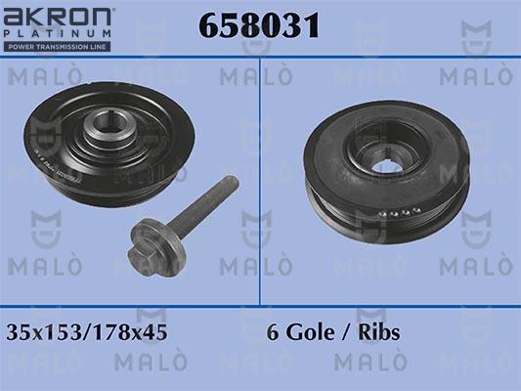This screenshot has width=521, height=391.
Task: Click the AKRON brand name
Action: click(59, 18)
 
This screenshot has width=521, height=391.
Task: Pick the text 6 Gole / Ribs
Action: click(332, 332)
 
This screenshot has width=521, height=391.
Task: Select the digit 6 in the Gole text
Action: click(273, 332)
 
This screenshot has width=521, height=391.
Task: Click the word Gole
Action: click(310, 332)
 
